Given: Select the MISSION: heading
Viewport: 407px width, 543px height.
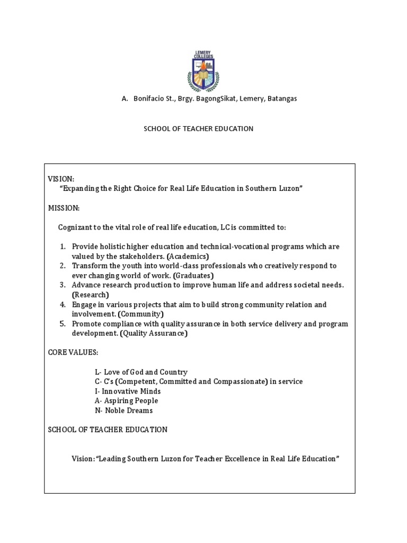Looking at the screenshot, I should pyautogui.click(x=64, y=208).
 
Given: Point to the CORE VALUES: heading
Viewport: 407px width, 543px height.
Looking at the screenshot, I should pyautogui.click(x=73, y=353).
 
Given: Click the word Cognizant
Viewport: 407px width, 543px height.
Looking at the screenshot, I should pyautogui.click(x=77, y=227).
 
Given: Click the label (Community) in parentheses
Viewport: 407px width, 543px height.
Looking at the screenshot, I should pyautogui.click(x=139, y=314).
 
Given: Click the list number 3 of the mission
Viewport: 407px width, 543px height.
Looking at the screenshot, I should pyautogui.click(x=62, y=285).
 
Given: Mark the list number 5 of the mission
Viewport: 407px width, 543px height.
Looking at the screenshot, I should pyautogui.click(x=62, y=324).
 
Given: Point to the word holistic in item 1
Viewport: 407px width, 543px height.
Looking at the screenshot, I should pyautogui.click(x=113, y=247).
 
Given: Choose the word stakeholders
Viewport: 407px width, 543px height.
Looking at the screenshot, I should pyautogui.click(x=137, y=256).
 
